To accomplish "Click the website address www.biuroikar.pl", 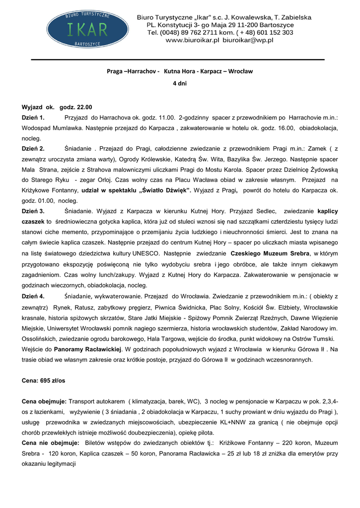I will pyautogui.click(x=193, y=40).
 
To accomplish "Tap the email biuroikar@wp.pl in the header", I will pyautogui.click(x=248, y=40).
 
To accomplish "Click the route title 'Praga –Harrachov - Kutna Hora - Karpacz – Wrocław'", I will pyautogui.click(x=180, y=71).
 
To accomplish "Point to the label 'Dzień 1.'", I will pyautogui.click(x=33, y=118).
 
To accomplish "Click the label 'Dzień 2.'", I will pyautogui.click(x=33, y=148).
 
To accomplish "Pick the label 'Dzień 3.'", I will pyautogui.click(x=33, y=211).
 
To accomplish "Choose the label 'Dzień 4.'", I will pyautogui.click(x=33, y=296).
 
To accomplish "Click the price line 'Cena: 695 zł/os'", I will pyautogui.click(x=44, y=380).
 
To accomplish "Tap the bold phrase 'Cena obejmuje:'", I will pyautogui.click(x=44, y=401).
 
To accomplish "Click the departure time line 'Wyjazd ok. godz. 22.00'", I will pyautogui.click(x=57, y=107).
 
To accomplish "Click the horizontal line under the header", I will pyautogui.click(x=178, y=60).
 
